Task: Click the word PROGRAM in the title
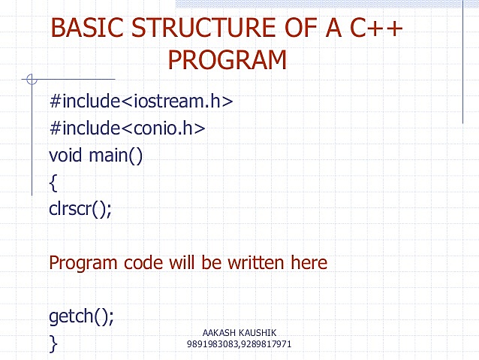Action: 227,59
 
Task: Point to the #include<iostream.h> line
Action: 140,101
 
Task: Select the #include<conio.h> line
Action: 127,129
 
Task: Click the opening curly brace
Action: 53,183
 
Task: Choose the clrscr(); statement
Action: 80,209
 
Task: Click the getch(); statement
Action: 81,316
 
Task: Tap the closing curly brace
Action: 53,343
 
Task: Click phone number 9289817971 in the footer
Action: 267,344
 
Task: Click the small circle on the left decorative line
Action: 31,78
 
